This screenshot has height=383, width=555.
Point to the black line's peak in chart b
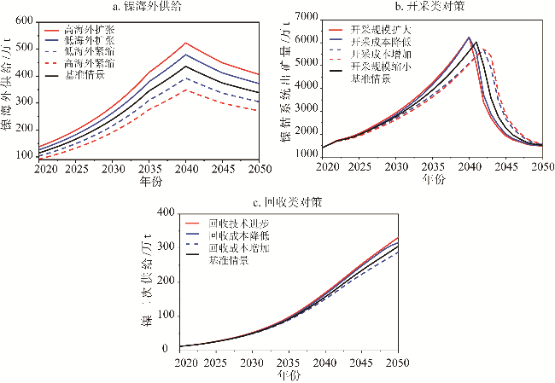coord(476,42)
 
